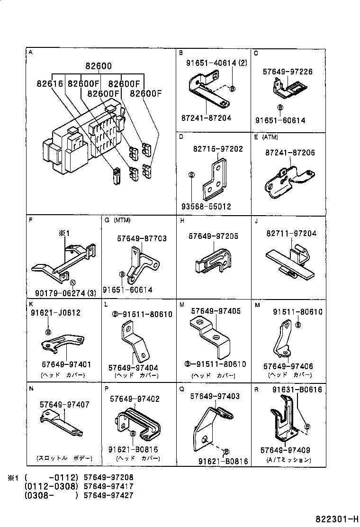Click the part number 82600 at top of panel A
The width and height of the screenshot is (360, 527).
coord(99,67)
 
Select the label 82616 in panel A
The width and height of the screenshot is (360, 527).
coord(50,84)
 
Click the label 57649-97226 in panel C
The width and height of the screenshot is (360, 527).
coord(288,72)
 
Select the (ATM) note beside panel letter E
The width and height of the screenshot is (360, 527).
coord(270,137)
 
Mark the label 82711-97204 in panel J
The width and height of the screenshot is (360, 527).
coord(291,234)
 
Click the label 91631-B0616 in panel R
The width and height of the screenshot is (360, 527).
coord(297,390)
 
